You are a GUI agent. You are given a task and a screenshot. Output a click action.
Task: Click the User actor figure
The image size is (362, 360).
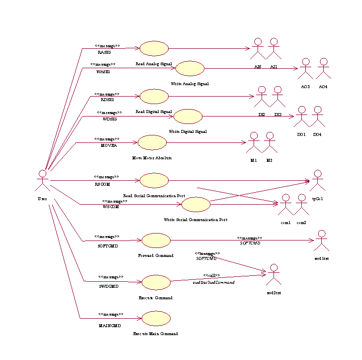[43, 181]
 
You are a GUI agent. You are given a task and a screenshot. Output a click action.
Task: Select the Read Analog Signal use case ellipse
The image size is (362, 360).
[154, 48]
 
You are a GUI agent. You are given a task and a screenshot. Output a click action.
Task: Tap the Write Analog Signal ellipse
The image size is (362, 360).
[190, 69]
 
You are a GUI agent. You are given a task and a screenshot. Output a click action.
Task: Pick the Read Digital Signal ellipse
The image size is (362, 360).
[154, 97]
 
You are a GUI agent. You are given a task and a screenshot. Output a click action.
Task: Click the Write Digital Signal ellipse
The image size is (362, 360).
[188, 117]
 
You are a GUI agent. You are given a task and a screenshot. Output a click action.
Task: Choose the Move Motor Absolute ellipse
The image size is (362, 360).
[152, 142]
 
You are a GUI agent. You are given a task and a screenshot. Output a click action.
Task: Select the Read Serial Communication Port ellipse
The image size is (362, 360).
[154, 180]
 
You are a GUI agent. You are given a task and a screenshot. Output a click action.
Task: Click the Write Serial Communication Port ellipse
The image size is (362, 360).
[196, 204]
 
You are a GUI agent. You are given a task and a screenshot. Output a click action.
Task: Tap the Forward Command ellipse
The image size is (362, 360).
[156, 240]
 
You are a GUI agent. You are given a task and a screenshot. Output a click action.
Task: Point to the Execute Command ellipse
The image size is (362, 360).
[156, 282]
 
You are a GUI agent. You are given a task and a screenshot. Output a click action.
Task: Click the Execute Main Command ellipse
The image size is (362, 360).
[156, 318]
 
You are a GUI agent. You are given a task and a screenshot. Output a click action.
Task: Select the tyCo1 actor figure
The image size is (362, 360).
[317, 180]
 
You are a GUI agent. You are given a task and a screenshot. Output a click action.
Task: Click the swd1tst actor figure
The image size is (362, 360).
[322, 240]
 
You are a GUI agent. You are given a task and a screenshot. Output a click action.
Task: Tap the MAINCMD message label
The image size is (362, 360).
[110, 326]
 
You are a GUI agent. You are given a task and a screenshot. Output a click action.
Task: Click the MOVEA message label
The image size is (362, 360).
[109, 146]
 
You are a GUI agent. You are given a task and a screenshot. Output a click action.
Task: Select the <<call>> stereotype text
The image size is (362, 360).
[211, 275]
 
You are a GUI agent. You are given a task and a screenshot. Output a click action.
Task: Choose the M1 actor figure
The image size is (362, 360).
[254, 142]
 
